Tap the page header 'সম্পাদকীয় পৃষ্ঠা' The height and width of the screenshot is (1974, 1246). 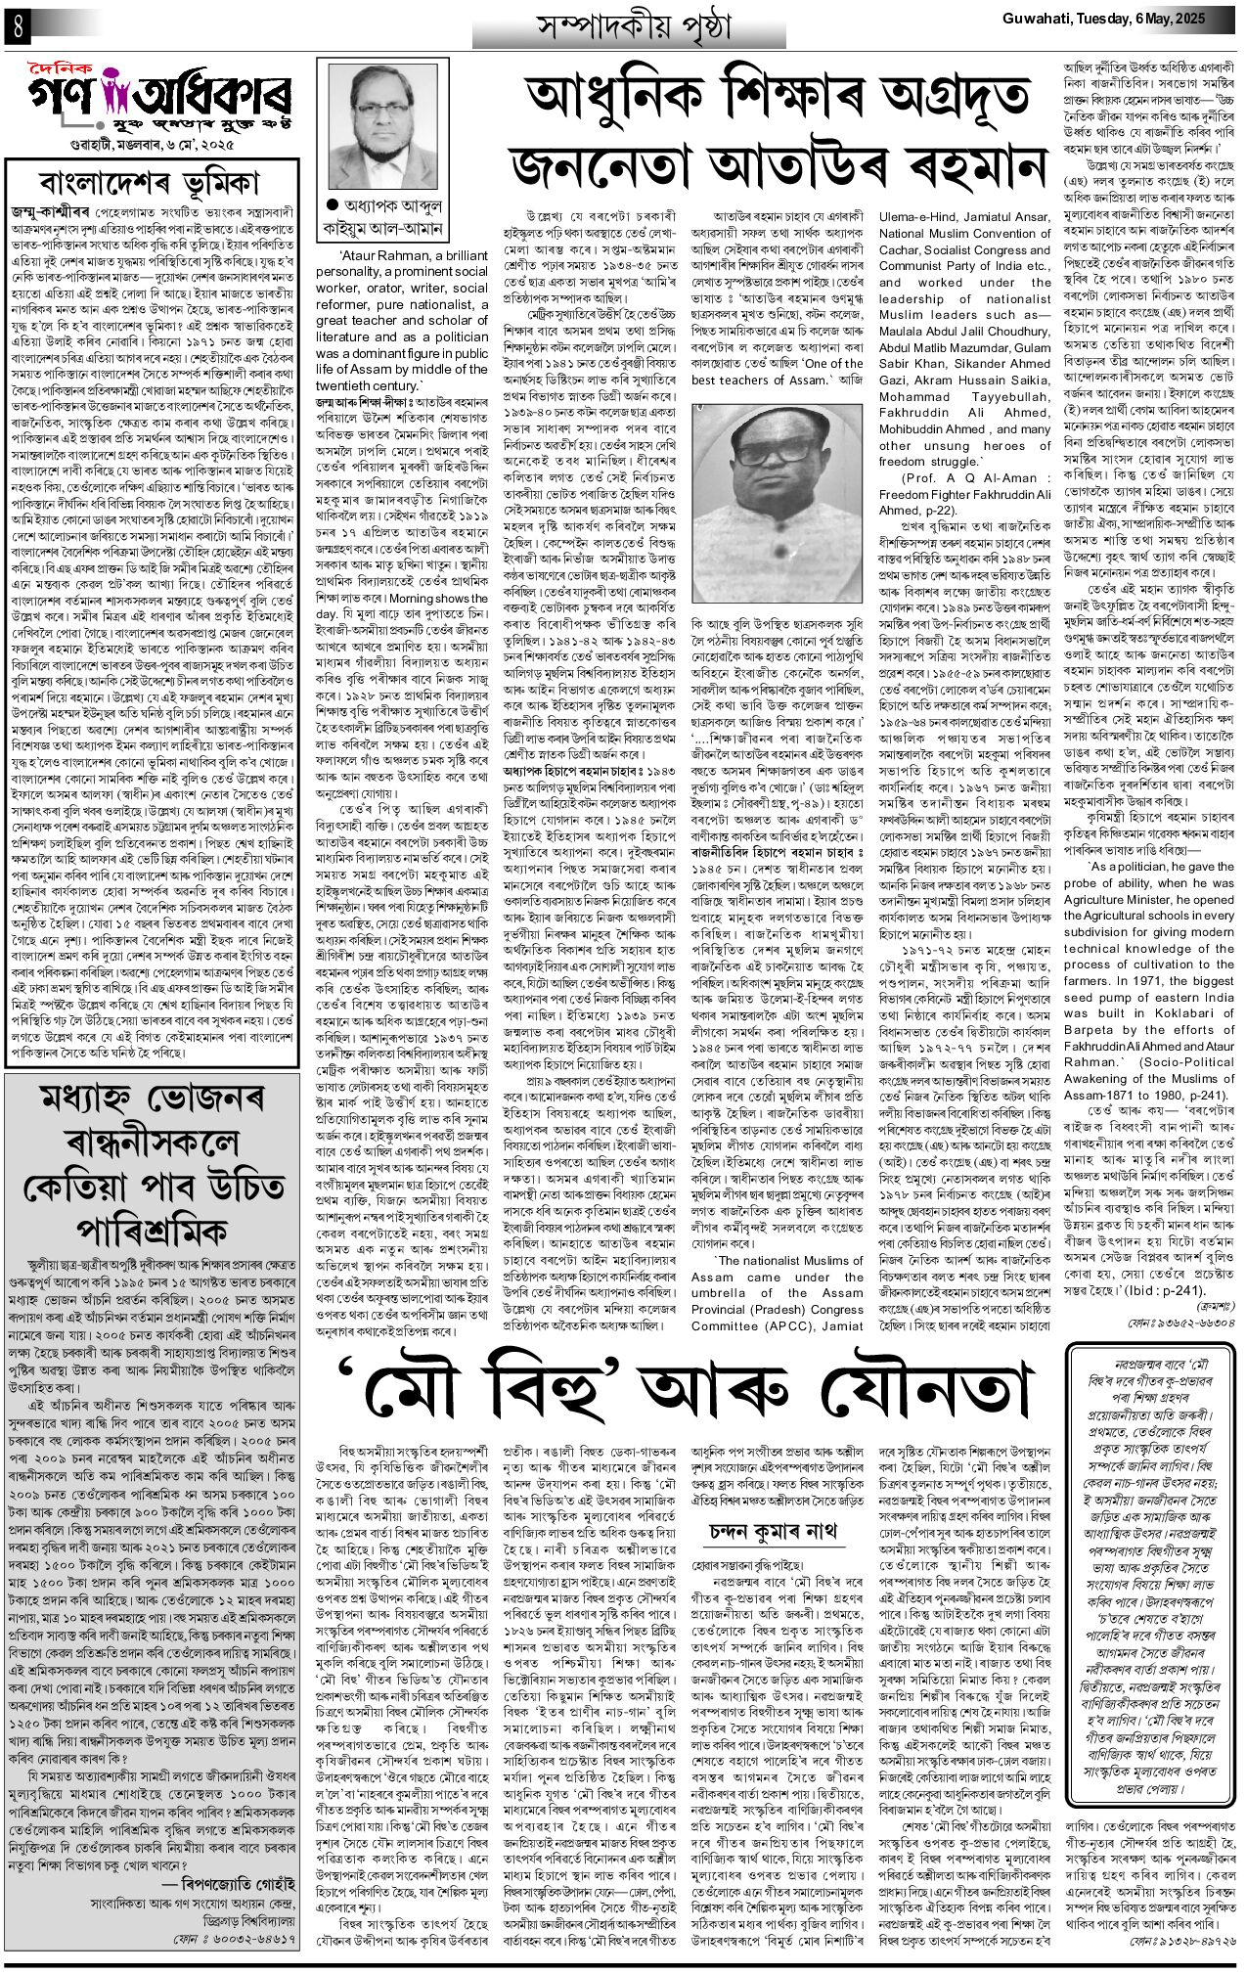(642, 28)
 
